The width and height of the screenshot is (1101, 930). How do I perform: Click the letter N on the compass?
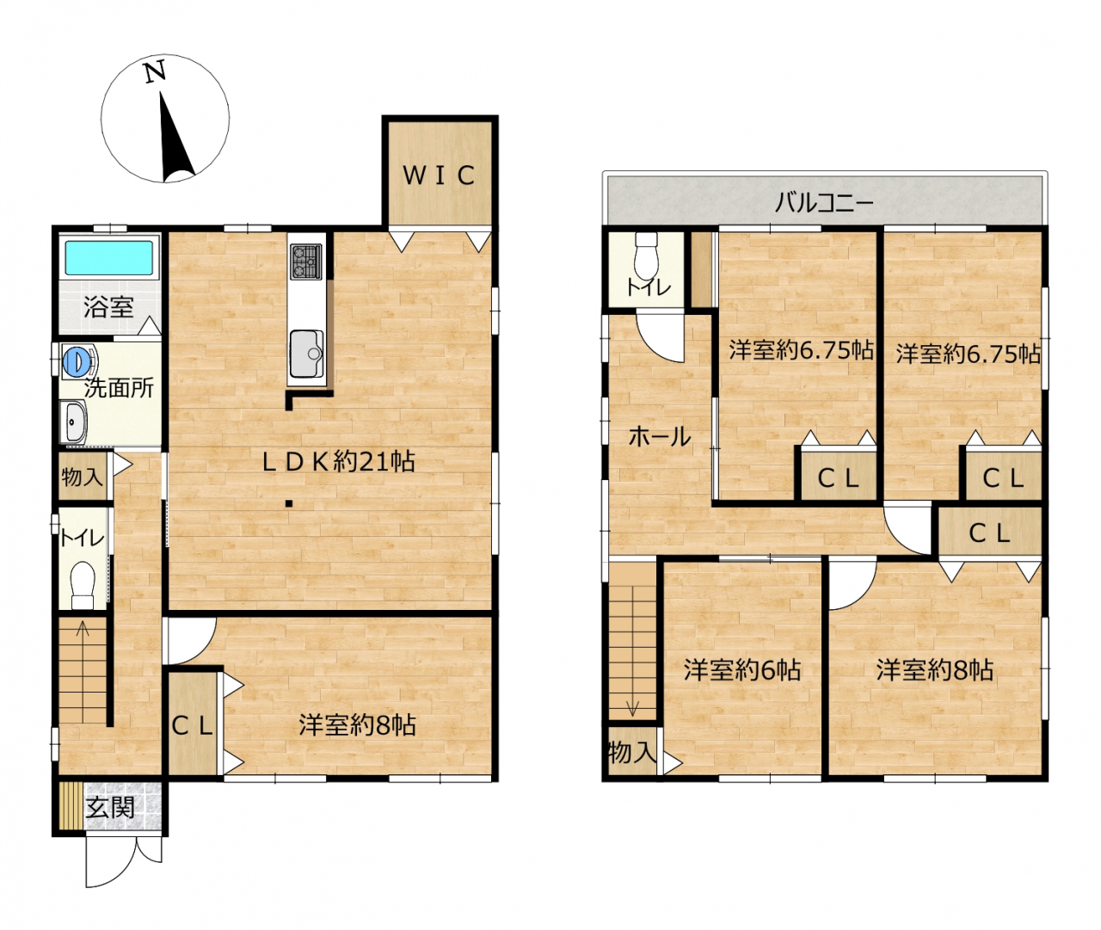click(156, 71)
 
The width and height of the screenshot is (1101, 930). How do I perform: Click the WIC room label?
click(439, 176)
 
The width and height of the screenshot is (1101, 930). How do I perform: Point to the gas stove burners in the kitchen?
click(305, 262)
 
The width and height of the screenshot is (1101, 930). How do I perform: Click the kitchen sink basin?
click(306, 353)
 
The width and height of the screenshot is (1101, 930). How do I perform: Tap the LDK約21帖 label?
click(339, 462)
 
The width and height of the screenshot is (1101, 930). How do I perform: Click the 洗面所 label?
click(120, 388)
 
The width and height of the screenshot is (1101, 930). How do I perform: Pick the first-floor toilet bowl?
click(83, 585)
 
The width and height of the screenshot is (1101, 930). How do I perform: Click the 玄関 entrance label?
click(110, 808)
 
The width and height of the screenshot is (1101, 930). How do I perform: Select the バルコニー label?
click(824, 202)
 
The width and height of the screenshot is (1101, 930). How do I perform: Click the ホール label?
click(660, 436)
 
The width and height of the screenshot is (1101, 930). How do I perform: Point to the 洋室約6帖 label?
click(742, 670)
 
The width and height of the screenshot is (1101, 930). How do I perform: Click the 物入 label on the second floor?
click(632, 752)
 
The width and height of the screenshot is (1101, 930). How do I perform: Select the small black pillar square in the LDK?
click(289, 503)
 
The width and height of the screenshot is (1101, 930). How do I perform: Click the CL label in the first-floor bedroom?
click(193, 727)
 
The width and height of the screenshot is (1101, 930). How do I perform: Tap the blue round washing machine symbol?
click(73, 360)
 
